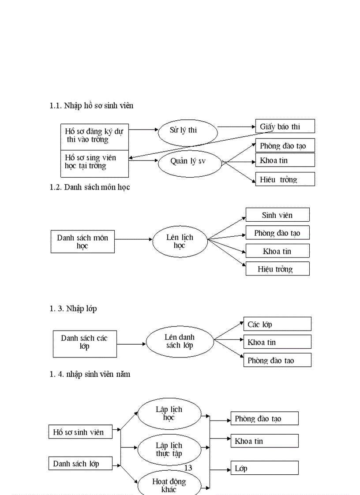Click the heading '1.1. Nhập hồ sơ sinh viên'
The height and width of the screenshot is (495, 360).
tap(91, 106)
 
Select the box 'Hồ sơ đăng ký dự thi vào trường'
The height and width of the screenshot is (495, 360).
tap(94, 136)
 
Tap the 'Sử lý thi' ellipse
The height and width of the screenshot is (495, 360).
tap(187, 130)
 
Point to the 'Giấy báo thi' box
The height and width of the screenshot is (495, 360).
tap(285, 126)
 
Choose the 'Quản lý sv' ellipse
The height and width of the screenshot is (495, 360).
tap(188, 161)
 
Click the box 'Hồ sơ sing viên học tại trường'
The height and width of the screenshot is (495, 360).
tap(94, 162)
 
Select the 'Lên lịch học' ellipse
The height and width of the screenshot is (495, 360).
tap(180, 241)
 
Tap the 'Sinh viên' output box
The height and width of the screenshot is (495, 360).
tap(277, 215)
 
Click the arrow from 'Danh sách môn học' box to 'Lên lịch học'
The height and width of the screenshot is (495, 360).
tap(133, 240)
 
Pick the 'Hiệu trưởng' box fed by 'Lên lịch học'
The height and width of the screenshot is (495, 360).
tap(277, 269)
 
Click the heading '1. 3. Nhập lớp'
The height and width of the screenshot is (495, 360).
tap(73, 309)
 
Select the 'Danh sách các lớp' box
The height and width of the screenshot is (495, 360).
tap(85, 342)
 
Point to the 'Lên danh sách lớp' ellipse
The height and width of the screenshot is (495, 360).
tap(180, 342)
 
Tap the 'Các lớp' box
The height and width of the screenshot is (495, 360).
tap(277, 324)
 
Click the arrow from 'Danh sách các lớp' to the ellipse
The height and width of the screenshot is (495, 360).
tap(131, 343)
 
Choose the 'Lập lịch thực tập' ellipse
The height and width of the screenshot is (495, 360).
tap(169, 449)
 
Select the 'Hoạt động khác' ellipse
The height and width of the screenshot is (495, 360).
tap(169, 485)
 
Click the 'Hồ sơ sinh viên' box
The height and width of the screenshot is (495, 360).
tap(80, 432)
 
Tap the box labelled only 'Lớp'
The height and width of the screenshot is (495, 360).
tap(265, 468)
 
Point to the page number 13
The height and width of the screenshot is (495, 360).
tap(188, 468)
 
